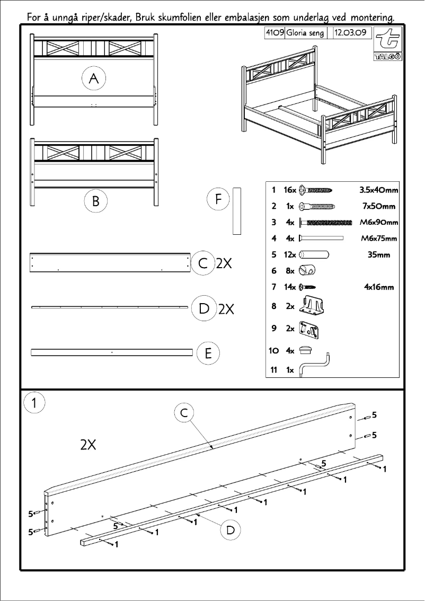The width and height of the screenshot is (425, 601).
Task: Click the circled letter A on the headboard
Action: (94, 79)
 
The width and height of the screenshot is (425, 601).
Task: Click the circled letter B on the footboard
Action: (95, 201)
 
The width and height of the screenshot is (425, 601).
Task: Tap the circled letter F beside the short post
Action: (218, 199)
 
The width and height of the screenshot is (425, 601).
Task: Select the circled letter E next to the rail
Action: (208, 353)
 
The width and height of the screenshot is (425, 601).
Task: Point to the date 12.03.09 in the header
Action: (350, 33)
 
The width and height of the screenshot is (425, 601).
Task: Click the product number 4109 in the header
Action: (275, 33)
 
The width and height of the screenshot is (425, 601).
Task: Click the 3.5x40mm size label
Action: (378, 189)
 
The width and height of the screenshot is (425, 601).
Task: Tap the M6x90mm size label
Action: (378, 222)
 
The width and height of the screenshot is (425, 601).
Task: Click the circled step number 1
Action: (34, 403)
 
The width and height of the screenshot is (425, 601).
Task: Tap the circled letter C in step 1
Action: (184, 413)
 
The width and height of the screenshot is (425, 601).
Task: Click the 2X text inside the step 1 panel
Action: (88, 445)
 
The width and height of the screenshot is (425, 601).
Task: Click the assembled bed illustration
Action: (318, 103)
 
